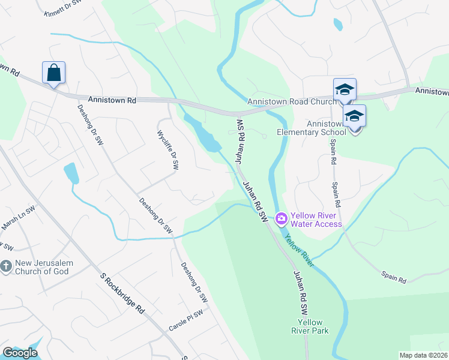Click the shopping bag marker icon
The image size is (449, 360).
click(53, 73)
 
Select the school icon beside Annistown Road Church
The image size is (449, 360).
click(345, 90)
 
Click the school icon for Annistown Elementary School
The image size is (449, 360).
click(354, 116)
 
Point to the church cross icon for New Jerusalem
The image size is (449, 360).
click(7, 265)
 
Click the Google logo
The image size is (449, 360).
click(20, 353)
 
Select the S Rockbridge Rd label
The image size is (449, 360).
click(122, 293)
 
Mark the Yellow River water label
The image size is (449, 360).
click(300, 251)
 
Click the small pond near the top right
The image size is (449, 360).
click(338, 24)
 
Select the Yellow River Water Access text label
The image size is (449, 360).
click(316, 220)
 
